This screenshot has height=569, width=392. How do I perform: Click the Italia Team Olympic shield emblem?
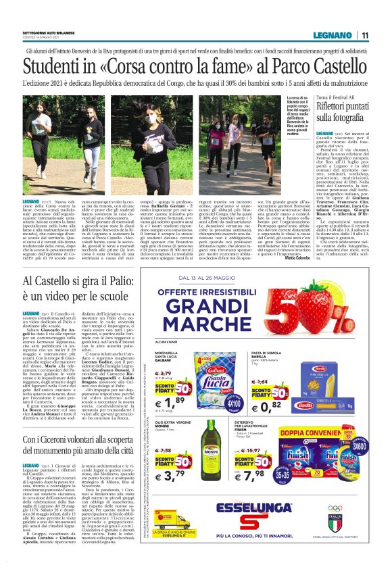[x=354, y=523]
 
